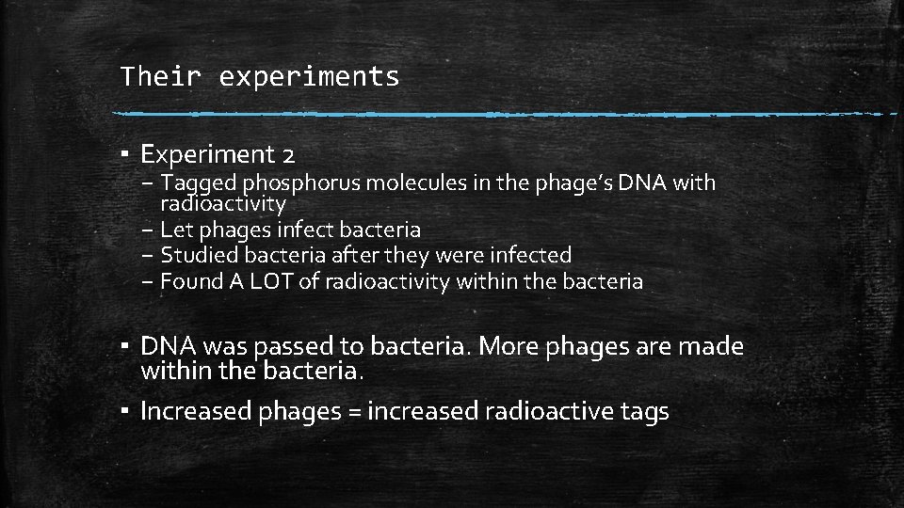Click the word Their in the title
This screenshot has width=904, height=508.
pyautogui.click(x=159, y=76)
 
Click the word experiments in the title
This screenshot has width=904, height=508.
pyautogui.click(x=309, y=77)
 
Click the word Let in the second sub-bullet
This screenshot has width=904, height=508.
pyautogui.click(x=175, y=229)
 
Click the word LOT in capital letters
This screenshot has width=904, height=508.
pyautogui.click(x=272, y=281)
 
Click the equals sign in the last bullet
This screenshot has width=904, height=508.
pyautogui.click(x=354, y=411)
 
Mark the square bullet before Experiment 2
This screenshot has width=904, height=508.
pyautogui.click(x=125, y=153)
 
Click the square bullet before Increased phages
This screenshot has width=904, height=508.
pyautogui.click(x=125, y=411)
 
